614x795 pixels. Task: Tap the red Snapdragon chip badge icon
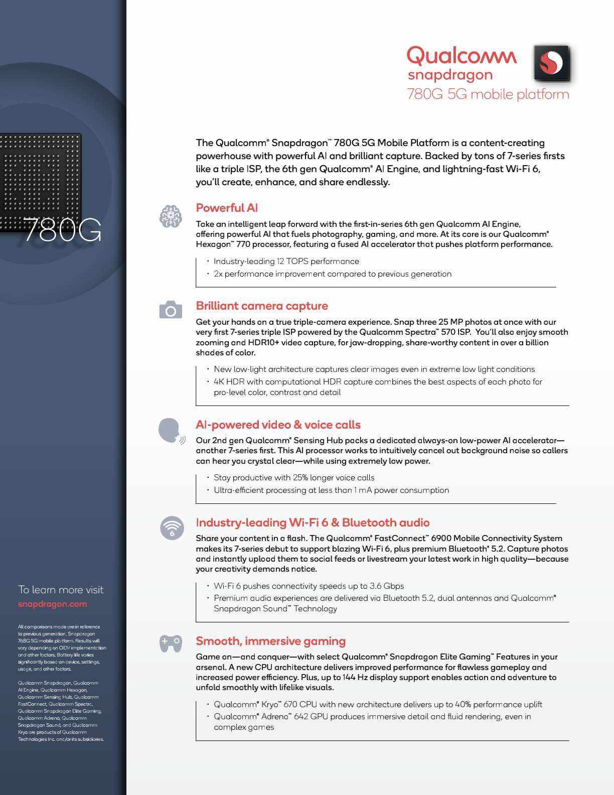coord(551,63)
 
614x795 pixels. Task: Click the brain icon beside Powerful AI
coord(171,216)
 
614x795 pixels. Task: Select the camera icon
coord(171,310)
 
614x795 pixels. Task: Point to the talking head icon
coord(171,431)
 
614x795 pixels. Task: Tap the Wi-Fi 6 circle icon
coord(172,527)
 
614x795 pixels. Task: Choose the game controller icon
coord(171,643)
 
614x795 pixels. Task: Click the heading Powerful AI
coord(227,208)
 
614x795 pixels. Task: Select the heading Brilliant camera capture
coord(262,306)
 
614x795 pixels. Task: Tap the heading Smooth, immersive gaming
coord(270,641)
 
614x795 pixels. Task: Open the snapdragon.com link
coord(52,604)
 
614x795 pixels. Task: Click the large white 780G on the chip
coord(62,230)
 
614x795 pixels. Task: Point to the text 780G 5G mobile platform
coord(488,94)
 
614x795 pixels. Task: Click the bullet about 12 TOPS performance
coord(286,261)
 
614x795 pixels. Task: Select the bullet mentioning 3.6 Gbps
coord(309,586)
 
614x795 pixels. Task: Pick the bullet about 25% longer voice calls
coord(294,477)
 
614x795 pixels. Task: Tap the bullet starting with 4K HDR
coord(377,387)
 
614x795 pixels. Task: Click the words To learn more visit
coord(61,590)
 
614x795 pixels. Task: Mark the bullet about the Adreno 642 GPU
coord(372,722)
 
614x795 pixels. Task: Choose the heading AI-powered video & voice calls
coord(278,425)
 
